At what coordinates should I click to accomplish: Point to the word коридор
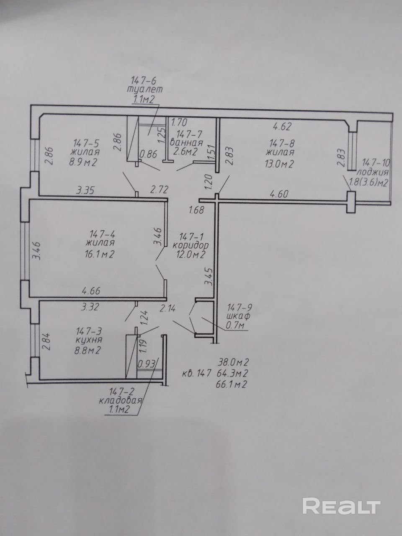pos(191,245)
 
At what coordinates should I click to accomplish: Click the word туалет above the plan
pos(144,90)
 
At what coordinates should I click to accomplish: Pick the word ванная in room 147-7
pos(186,143)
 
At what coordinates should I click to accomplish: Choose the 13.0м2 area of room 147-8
pos(279,164)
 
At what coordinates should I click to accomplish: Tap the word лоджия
pos(373,172)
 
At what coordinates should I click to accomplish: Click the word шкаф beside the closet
pos(238,316)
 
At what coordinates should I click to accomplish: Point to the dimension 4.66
pos(91,291)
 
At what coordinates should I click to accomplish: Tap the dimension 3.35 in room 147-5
pos(85,190)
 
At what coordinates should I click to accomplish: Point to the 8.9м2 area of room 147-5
pos(83,162)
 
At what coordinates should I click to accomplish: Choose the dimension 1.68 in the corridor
pos(196,210)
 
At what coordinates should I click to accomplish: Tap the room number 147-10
pos(376,162)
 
